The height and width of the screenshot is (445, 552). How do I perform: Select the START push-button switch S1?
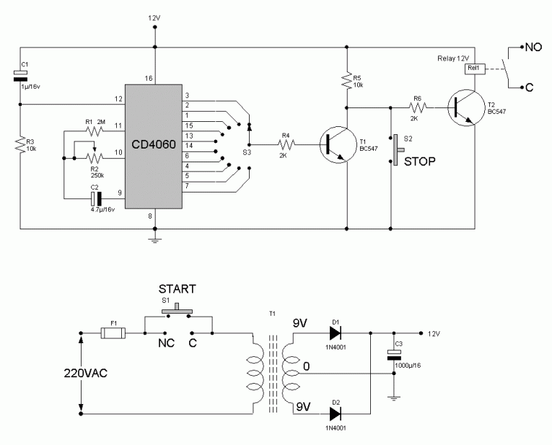click(x=177, y=312)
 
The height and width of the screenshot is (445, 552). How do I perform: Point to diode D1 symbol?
click(x=334, y=332)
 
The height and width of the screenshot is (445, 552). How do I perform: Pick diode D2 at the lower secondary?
click(x=334, y=414)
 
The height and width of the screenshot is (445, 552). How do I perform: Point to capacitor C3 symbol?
click(x=393, y=354)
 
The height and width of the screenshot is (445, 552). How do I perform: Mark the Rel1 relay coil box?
click(x=474, y=69)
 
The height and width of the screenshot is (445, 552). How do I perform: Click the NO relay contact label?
click(x=533, y=48)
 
